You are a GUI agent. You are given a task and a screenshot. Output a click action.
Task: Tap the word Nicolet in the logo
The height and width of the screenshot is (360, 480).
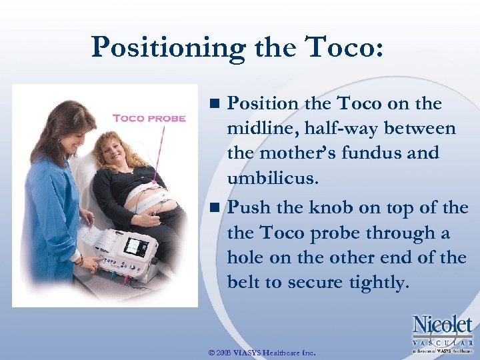click(x=442, y=325)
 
